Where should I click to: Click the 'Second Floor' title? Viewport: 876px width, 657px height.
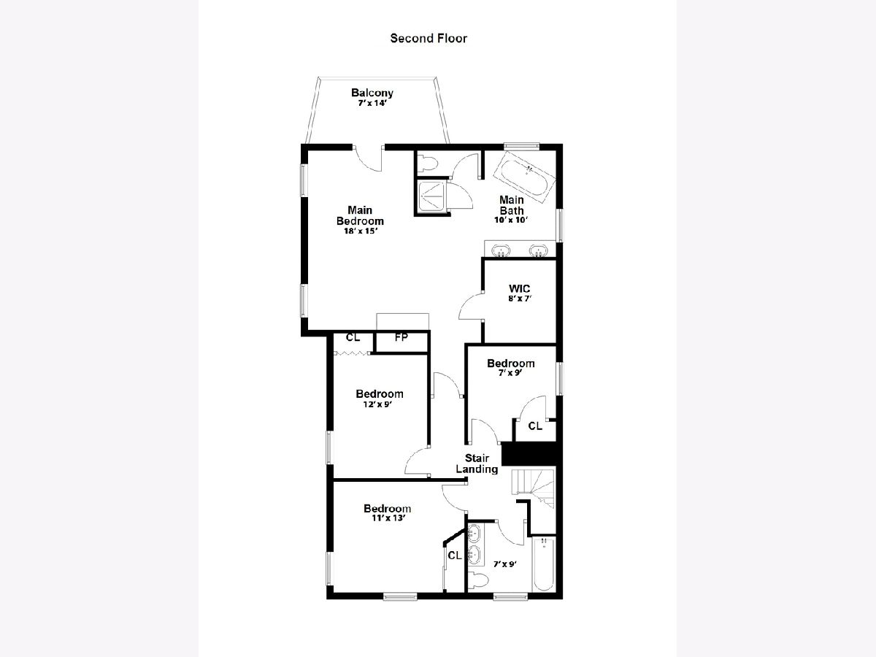pos(429,38)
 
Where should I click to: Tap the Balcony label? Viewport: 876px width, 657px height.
pos(372,93)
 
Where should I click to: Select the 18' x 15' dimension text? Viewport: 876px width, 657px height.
pos(361,231)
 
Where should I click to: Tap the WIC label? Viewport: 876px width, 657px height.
pos(519,288)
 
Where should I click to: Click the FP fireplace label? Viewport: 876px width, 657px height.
pos(401,337)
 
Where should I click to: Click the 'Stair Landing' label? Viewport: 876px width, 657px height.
pos(477,464)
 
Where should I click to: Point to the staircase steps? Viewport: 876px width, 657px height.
pos(534,488)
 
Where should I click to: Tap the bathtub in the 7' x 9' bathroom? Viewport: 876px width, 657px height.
pos(544,564)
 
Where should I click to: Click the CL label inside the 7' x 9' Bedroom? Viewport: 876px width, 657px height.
pos(535,426)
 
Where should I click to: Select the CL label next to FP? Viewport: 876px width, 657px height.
pos(353,337)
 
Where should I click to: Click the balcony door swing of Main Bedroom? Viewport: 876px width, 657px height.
pos(367,161)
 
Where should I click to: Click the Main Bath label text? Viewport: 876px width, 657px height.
pos(511,204)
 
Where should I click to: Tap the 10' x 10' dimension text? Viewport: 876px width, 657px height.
pos(511,220)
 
